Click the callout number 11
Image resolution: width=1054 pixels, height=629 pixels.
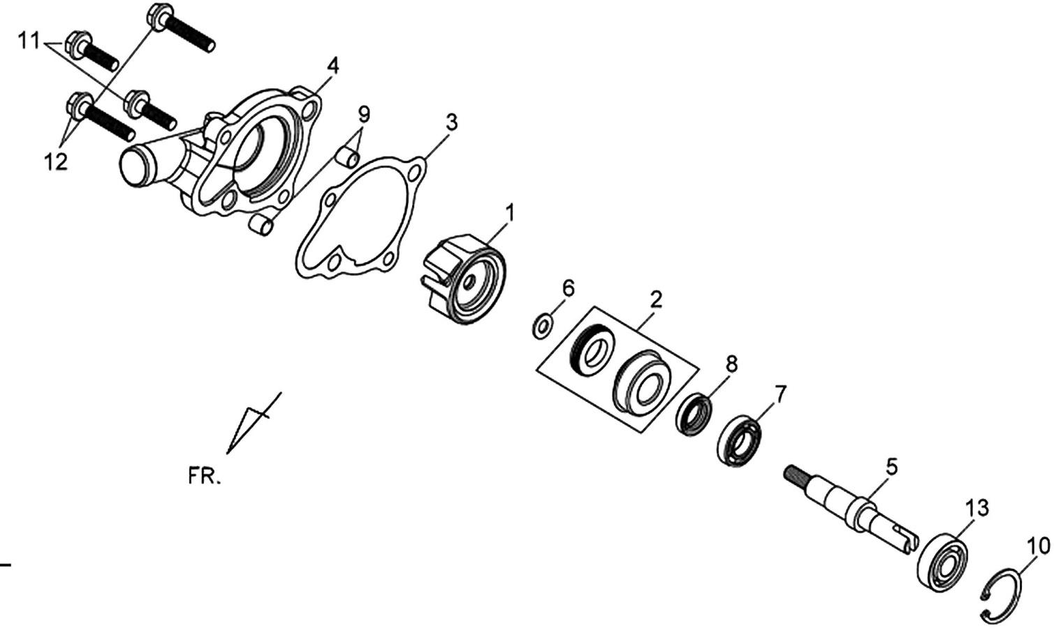[x=29, y=42]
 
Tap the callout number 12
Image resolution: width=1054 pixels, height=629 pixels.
[x=56, y=162]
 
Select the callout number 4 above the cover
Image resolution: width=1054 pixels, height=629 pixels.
[x=333, y=66]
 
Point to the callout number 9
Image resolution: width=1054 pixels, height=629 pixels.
[x=364, y=114]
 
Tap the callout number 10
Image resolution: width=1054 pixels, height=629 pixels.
[x=1039, y=546]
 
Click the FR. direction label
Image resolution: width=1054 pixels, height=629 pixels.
[x=204, y=477]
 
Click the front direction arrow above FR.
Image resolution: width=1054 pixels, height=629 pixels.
[x=254, y=423]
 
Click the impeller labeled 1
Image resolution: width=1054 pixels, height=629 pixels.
[x=464, y=280]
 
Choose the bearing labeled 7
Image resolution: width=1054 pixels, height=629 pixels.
[x=739, y=441]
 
